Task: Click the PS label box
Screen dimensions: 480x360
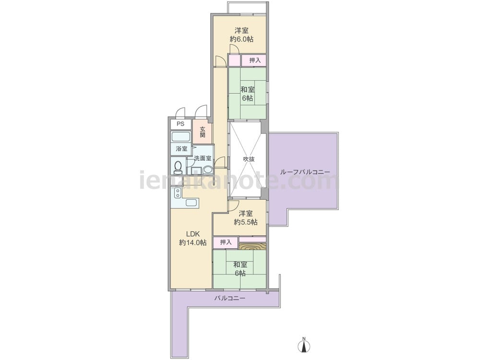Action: coord(180,124)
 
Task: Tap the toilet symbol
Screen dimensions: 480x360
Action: coord(177,167)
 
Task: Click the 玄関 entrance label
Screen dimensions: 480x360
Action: coord(203,132)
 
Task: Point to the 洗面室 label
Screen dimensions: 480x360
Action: coord(203,158)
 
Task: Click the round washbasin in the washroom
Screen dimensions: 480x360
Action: coord(208,170)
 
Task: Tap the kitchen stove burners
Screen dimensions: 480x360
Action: coord(177,193)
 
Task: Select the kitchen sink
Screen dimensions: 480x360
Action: coord(192,203)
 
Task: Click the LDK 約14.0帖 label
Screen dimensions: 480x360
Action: coord(192,239)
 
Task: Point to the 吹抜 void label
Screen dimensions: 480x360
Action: coord(249,159)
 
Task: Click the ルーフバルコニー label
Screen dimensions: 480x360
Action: coord(305,172)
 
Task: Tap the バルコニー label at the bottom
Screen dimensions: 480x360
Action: coord(229,298)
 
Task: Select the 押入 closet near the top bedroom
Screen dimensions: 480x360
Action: coord(254,60)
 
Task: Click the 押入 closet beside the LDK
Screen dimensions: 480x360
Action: coord(226,242)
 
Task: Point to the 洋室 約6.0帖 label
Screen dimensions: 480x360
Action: coord(241,35)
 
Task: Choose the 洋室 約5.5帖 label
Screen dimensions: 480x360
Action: coord(245,217)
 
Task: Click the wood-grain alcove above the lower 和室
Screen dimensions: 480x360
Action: coord(252,247)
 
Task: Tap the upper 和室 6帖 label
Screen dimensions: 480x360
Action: coord(247,94)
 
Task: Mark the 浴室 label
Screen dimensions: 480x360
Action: coord(181,149)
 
